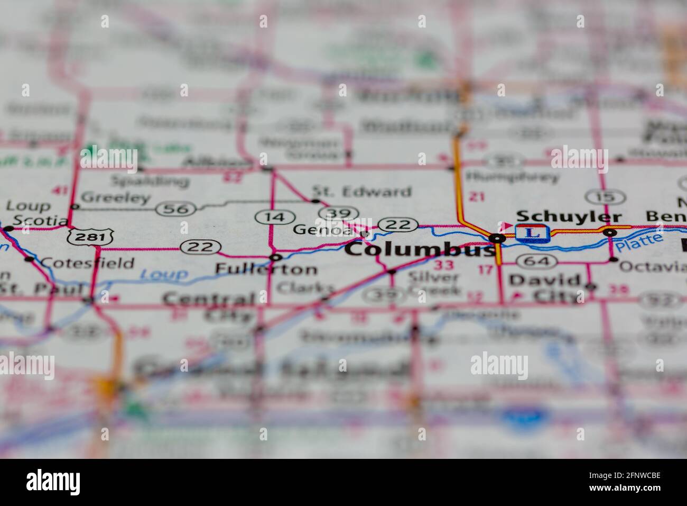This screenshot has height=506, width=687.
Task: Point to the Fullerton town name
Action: (x=266, y=269)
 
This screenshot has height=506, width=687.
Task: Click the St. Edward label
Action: (x=361, y=191)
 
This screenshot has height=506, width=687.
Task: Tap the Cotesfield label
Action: (x=87, y=263)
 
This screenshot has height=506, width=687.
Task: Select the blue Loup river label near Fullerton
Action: (x=164, y=274)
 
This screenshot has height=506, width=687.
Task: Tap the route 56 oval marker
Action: (x=176, y=209)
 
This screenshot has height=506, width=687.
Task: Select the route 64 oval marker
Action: (x=536, y=260)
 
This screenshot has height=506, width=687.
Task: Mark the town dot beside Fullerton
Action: (x=275, y=257)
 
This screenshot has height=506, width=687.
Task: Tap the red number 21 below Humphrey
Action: (x=477, y=197)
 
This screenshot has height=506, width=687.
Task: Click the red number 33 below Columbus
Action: (x=442, y=265)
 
